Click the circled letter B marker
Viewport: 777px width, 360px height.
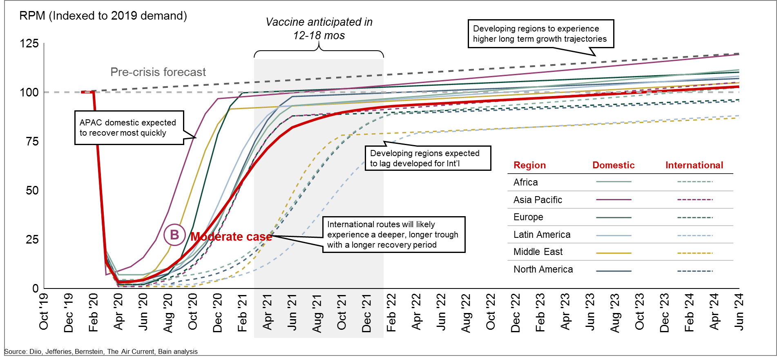pos(174,235)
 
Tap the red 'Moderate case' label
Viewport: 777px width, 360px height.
pos(231,237)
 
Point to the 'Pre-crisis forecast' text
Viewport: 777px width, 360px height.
pos(158,72)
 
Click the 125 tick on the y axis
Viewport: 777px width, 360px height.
pos(29,43)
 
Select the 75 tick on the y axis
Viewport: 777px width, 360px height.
pos(32,141)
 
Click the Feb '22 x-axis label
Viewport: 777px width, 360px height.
pos(391,312)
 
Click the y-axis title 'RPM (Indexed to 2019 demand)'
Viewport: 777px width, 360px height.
pos(103,16)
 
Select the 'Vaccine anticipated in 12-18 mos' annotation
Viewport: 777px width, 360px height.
pos(319,29)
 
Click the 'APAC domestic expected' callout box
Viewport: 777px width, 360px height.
pos(129,127)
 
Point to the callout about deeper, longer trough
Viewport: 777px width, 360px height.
pos(393,235)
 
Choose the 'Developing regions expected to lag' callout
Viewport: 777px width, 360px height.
pos(427,158)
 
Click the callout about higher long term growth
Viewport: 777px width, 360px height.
pos(540,34)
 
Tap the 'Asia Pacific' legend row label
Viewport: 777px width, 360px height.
pos(538,200)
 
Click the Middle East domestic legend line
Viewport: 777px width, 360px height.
pos(614,253)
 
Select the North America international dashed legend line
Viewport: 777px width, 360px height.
pos(694,271)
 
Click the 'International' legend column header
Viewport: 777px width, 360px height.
pos(694,165)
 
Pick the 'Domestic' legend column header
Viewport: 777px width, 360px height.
pos(613,165)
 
